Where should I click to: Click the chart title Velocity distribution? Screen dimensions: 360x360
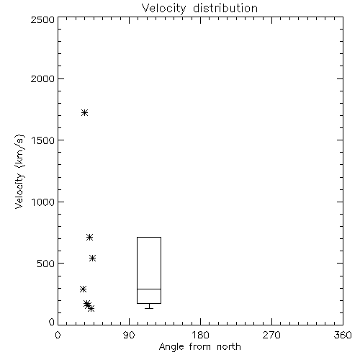point(199,9)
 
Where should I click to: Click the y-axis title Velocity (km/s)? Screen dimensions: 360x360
point(19,171)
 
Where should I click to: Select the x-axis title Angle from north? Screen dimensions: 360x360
point(199,346)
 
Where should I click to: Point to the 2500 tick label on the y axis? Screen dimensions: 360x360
point(42,19)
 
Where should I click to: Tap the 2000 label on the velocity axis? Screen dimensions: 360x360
point(42,78)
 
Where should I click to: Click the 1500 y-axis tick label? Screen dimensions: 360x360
point(43,140)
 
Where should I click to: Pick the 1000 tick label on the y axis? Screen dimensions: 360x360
point(43,202)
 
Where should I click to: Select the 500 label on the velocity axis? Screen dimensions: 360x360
point(46,264)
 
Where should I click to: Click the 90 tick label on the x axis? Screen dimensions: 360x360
point(129,335)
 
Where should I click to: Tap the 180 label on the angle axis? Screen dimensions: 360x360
point(201,335)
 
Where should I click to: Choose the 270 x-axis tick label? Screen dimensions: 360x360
point(271,335)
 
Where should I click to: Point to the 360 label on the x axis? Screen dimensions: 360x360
point(343,335)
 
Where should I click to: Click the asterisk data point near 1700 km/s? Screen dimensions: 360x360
point(84,112)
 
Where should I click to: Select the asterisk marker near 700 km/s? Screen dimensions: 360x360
point(89,238)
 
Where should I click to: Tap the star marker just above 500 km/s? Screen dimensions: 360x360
point(93,258)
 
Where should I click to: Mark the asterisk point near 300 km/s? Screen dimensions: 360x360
point(83,289)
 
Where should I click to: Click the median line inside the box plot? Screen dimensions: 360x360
point(149,289)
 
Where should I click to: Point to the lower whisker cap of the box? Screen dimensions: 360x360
point(149,308)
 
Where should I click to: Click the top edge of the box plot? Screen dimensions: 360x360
point(149,237)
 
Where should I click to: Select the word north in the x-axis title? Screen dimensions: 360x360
point(229,346)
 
